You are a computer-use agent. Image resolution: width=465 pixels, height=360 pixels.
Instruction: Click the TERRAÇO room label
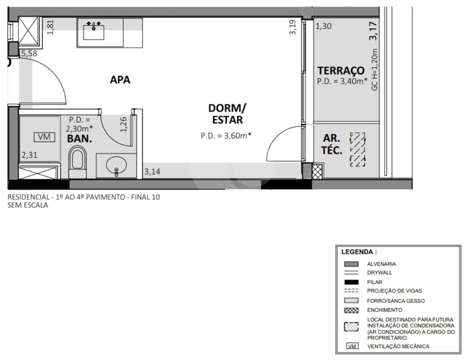tap(341, 71)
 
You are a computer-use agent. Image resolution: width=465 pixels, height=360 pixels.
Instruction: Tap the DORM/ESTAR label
tap(227, 114)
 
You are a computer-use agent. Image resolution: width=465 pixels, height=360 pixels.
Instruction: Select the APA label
tap(120, 80)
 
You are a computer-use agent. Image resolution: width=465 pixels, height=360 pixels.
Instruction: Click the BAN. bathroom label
tap(80, 138)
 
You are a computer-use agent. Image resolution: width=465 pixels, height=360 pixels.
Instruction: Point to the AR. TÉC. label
tap(332, 144)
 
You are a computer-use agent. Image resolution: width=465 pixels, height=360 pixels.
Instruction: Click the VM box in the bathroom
tap(45, 137)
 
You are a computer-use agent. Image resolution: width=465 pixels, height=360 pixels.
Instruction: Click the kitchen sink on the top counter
tap(94, 32)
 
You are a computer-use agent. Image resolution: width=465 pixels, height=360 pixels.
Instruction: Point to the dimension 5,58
tap(30, 53)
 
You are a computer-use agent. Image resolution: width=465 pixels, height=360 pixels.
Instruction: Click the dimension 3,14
tap(152, 172)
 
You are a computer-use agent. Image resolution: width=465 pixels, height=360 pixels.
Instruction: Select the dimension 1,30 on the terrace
tap(323, 26)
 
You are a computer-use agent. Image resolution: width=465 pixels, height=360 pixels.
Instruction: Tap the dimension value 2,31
tap(30, 155)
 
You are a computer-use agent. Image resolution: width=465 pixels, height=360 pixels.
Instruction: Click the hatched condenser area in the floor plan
tap(358, 149)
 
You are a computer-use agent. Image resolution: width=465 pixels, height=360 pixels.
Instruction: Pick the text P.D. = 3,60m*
tap(226, 136)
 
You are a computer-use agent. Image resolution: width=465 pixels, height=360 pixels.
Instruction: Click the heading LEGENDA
tap(359, 252)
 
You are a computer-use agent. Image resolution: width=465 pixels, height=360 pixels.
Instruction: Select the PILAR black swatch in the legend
tap(351, 282)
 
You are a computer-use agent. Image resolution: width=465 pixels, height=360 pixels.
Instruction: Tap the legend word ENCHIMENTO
tap(385, 310)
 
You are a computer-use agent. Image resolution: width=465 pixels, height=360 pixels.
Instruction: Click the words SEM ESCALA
tap(28, 205)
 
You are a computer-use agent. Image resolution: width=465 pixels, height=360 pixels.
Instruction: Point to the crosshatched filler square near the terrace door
tap(317, 172)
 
